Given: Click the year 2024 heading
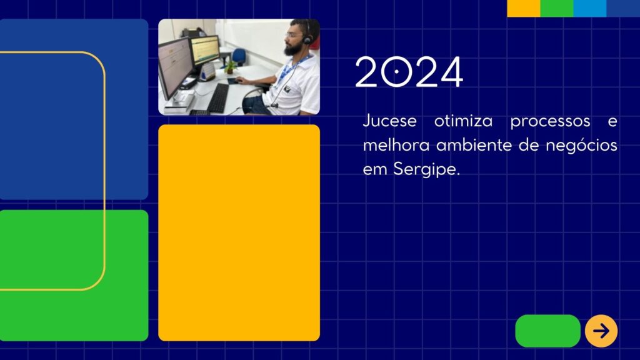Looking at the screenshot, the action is (x=409, y=72).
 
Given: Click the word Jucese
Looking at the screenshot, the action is (x=390, y=121).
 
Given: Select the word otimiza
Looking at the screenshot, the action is (x=463, y=121).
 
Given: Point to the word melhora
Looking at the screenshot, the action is (x=396, y=145).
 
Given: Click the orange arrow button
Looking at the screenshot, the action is (x=601, y=331).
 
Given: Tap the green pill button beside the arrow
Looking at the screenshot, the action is (x=547, y=331).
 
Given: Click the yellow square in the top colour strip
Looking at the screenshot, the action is (x=524, y=8).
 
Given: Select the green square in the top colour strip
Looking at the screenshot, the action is (x=557, y=8).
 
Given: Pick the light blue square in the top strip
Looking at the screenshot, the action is (x=590, y=8).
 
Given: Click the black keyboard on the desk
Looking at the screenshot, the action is (x=218, y=98).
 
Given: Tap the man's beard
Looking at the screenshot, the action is (x=292, y=49).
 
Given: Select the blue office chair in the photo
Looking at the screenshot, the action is (x=239, y=57).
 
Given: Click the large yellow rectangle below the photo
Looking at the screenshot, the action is (x=239, y=232).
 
